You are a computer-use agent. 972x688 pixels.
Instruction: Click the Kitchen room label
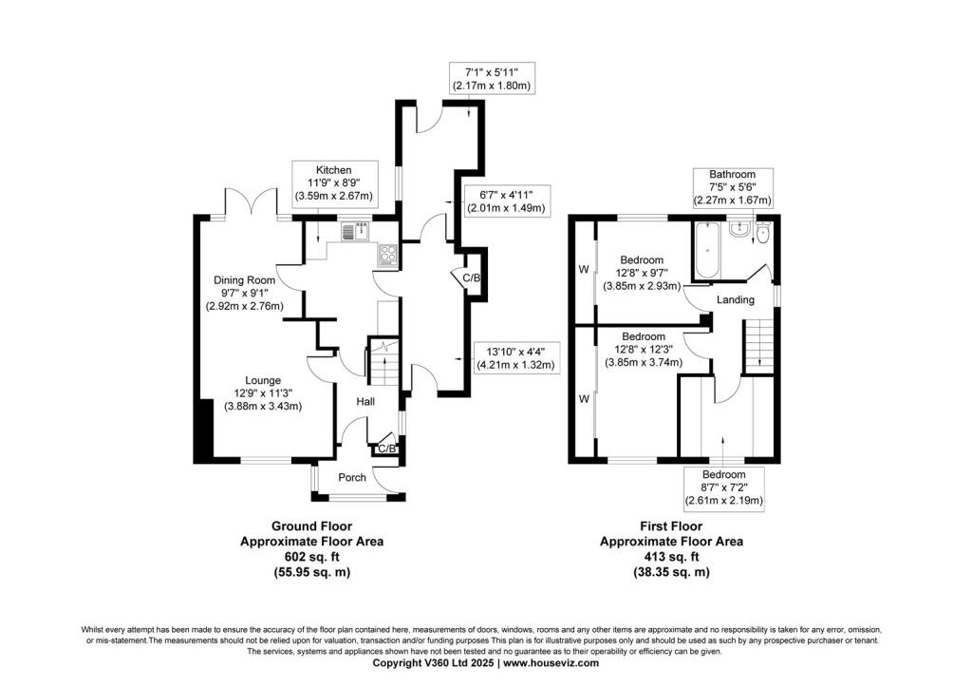tap(335, 170)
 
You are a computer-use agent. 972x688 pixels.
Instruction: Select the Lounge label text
tap(262, 380)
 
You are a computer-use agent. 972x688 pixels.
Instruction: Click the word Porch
tap(352, 477)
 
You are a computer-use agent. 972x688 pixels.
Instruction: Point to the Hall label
tap(364, 402)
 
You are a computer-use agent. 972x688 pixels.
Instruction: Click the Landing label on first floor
tap(736, 300)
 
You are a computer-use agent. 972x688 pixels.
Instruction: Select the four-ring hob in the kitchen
tap(389, 253)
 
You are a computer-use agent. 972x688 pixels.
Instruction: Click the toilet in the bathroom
tap(761, 233)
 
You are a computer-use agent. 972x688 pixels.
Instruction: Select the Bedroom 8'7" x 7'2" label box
tap(724, 487)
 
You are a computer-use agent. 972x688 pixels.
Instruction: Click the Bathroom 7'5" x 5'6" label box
tap(731, 187)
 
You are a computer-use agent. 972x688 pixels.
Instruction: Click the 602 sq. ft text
tap(311, 558)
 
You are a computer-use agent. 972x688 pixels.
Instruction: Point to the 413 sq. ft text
tap(672, 558)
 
